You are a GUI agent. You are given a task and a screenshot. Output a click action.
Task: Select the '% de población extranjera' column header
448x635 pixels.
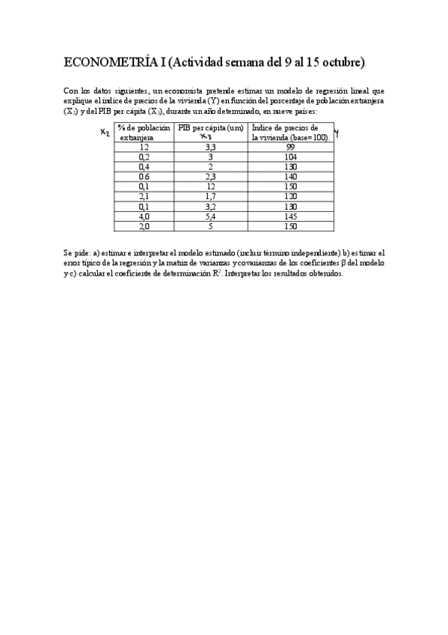pos(144,133)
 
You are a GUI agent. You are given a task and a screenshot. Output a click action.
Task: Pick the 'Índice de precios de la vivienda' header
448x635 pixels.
pos(290,133)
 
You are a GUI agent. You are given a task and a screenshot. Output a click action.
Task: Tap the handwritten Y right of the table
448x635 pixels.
pos(337,133)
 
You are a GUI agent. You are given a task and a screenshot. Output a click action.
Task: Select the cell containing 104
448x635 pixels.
pos(290,157)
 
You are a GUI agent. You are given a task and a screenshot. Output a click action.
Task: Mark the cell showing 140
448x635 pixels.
pos(290,177)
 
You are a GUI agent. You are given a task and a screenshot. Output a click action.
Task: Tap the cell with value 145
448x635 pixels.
pos(290,216)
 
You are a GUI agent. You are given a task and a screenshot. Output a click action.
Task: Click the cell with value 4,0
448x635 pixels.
pos(144,216)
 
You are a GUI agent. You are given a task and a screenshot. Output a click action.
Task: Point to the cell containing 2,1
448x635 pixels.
pos(144,196)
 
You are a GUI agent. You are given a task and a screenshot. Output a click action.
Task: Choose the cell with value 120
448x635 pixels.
pos(290,196)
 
